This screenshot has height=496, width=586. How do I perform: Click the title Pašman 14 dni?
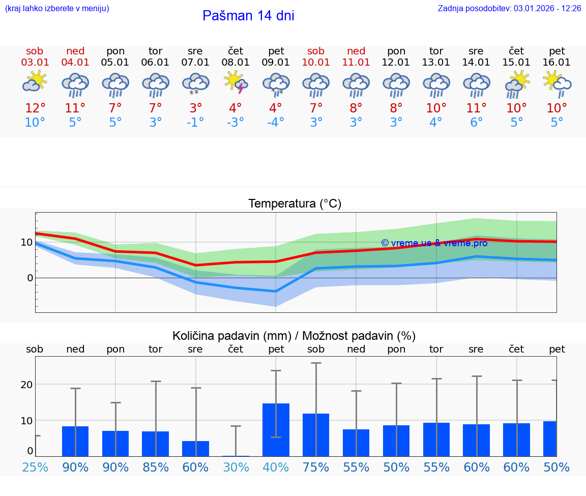coord(248,16)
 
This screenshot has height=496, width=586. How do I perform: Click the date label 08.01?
coord(236,62)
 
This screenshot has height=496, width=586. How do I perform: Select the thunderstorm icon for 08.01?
coord(236,82)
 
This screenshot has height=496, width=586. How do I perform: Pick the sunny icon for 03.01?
coord(35,81)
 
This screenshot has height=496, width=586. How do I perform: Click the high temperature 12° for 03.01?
coord(35,108)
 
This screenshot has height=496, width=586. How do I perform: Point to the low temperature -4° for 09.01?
coord(276,123)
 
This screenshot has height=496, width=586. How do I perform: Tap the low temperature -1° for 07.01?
coord(195,123)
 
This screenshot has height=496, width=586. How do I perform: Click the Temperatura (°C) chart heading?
coord(295,204)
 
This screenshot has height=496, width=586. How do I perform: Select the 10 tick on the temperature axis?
coord(26,242)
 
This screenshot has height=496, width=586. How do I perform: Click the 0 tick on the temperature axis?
coord(30,278)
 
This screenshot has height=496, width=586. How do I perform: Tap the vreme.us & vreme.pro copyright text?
coord(434,243)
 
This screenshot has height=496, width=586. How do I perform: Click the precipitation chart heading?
coord(294,336)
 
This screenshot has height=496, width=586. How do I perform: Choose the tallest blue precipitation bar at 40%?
coord(276,430)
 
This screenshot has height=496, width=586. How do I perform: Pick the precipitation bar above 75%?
coord(316,435)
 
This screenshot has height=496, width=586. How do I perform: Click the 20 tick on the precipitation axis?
coord(26,385)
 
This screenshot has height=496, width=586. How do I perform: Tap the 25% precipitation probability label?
coord(35,468)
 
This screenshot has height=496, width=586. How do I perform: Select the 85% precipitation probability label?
coord(155,468)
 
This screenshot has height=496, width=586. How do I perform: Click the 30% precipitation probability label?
coord(236,468)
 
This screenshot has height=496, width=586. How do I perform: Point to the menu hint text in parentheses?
coord(56,9)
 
